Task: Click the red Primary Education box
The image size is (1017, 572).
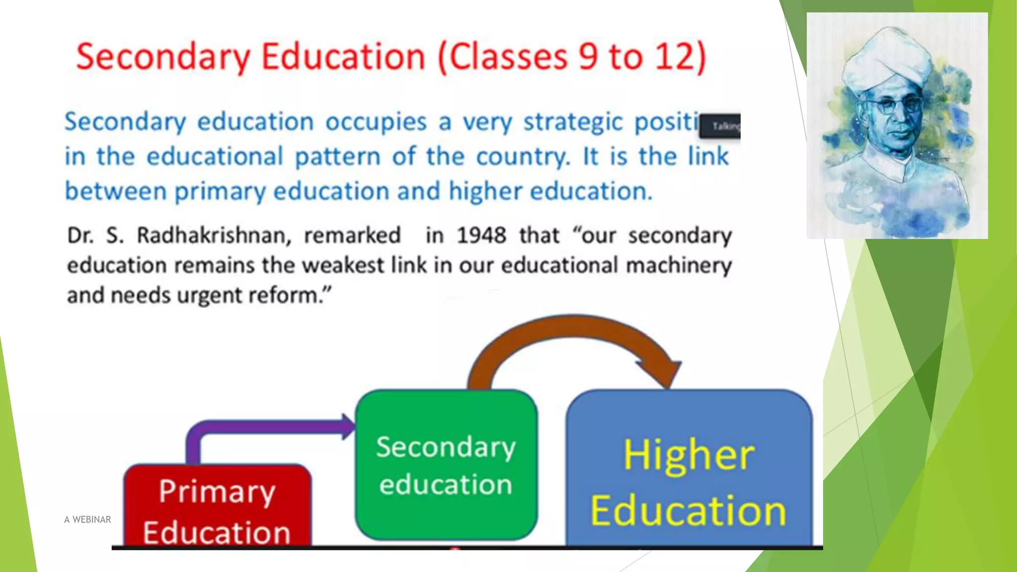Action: pos(217,506)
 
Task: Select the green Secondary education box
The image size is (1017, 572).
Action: pos(446,465)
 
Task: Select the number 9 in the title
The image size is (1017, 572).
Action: pos(588,57)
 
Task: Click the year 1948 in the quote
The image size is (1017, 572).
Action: pos(481,235)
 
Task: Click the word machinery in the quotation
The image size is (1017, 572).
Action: pos(678,266)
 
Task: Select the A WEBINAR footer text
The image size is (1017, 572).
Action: pos(87,519)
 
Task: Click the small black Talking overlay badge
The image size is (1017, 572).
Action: pos(720,126)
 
